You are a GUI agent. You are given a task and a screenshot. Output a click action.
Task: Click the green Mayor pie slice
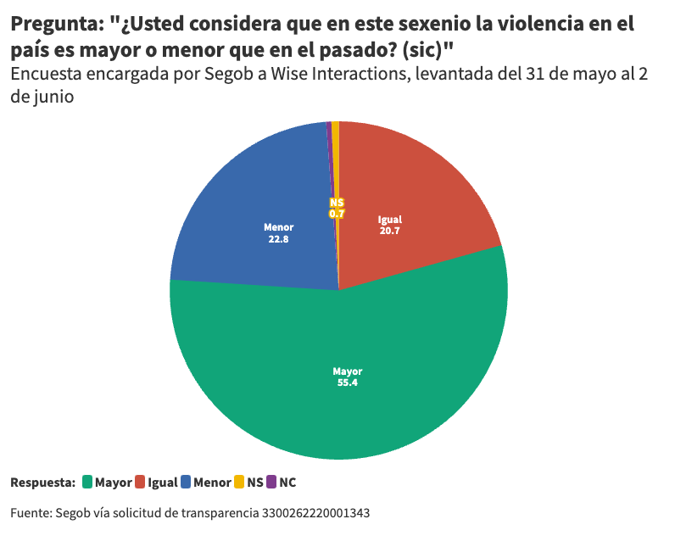tap(339, 399)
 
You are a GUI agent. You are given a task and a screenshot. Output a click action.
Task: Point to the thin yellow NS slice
tap(336, 170)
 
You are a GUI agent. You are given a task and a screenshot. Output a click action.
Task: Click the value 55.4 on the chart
tap(347, 383)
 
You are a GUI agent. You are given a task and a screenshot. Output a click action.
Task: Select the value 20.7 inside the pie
tap(390, 231)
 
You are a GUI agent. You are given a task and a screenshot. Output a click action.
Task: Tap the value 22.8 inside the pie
tap(278, 239)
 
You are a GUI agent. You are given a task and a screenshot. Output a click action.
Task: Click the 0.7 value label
tap(337, 215)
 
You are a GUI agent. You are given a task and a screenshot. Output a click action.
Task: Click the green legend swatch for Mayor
tap(86, 483)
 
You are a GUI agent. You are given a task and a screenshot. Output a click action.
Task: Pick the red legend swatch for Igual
tap(140, 483)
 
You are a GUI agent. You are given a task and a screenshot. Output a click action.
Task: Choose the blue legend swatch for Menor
tap(186, 483)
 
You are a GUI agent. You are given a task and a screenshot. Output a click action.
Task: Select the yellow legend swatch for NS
tap(239, 483)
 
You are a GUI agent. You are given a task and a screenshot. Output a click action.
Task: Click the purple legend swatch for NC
tap(271, 483)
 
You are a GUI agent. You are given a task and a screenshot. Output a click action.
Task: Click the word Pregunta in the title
tap(56, 25)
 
